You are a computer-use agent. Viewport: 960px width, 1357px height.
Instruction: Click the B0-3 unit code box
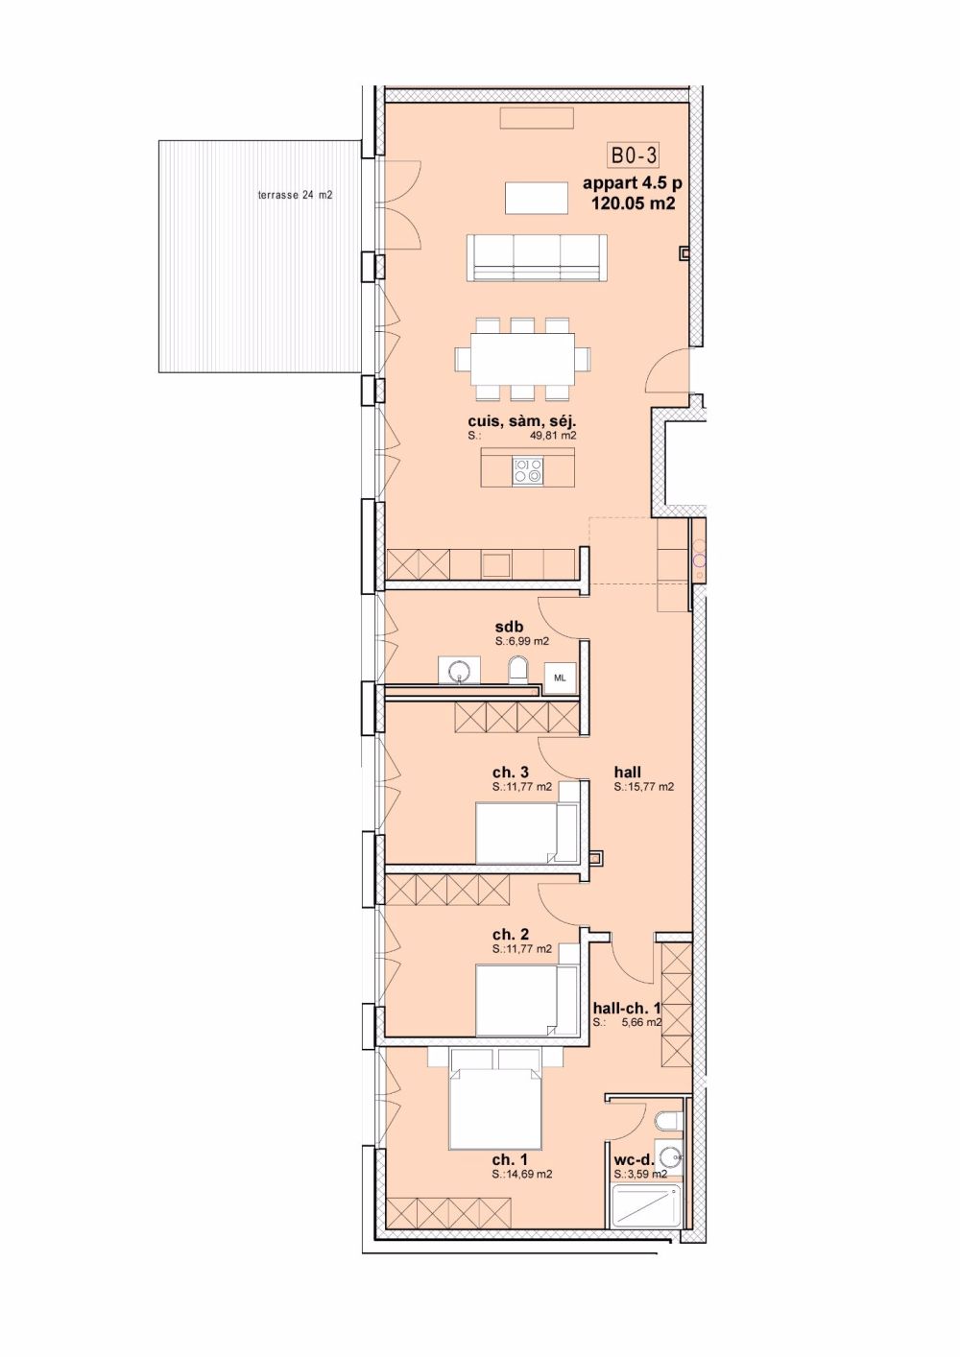click(633, 155)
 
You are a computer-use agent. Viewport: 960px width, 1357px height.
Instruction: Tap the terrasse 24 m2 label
click(295, 196)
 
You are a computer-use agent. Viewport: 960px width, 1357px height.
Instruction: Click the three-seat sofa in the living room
click(537, 257)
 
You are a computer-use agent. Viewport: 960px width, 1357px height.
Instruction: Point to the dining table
click(522, 359)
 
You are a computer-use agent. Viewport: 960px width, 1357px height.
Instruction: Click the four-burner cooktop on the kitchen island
click(527, 470)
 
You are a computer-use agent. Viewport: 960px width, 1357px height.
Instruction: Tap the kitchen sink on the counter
click(496, 564)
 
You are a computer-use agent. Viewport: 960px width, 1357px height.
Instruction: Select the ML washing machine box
click(560, 678)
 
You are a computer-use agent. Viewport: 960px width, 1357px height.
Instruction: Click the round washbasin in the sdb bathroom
click(459, 670)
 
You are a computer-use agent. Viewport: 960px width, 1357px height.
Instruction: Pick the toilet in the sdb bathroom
click(518, 670)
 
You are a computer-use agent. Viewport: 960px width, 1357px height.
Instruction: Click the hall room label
click(627, 772)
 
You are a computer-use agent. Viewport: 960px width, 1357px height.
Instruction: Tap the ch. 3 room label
click(511, 772)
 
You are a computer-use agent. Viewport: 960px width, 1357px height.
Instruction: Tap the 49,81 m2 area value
click(551, 436)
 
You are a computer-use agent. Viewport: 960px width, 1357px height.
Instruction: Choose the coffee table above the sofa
click(537, 199)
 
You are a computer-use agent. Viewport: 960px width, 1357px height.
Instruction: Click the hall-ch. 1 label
click(626, 1008)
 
